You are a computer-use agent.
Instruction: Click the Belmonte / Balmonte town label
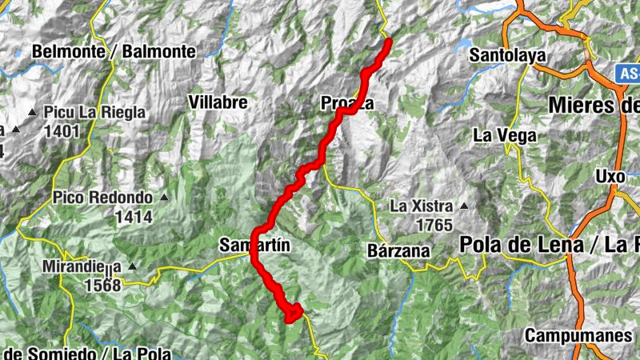[114, 51]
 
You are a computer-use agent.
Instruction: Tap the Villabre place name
[217, 102]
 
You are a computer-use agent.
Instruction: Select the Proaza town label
[346, 103]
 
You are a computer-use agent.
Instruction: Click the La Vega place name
[504, 135]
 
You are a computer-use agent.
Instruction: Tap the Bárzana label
[398, 250]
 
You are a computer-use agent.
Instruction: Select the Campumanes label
[578, 335]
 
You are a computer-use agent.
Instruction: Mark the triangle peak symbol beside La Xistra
[463, 206]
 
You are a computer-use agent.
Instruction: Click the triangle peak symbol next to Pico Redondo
[165, 197]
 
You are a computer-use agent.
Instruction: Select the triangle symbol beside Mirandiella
[132, 266]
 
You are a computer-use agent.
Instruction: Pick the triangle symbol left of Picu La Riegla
[32, 113]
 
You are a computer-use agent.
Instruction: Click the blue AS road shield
[628, 74]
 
